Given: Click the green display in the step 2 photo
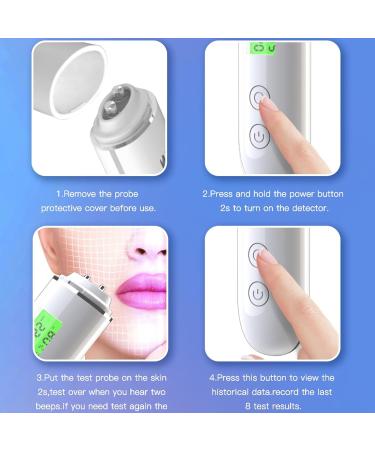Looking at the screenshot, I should (261, 48).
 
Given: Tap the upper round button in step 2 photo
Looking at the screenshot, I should (260, 97).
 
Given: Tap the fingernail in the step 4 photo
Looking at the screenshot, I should (266, 255).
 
